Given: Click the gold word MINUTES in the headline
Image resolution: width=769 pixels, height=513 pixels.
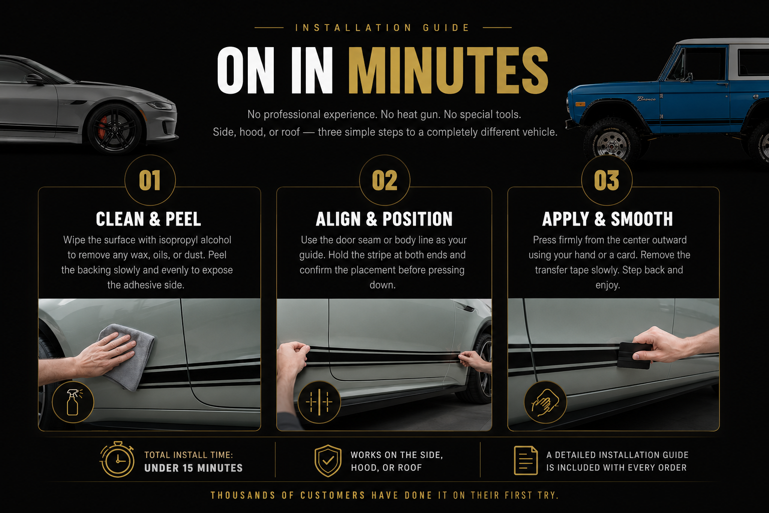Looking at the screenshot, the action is [448, 71].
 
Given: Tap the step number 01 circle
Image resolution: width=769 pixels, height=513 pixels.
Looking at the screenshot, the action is [150, 180].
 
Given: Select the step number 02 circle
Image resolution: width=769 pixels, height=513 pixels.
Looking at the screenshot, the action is [384, 180].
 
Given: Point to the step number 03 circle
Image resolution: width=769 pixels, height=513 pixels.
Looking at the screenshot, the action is [607, 180].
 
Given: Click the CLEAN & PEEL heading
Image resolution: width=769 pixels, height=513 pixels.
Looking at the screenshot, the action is [148, 219].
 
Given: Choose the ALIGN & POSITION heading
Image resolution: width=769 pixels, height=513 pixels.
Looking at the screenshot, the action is [384, 219].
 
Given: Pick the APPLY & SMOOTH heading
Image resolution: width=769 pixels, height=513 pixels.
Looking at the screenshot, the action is [607, 219].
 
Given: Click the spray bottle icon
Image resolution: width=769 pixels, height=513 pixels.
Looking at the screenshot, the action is [73, 402].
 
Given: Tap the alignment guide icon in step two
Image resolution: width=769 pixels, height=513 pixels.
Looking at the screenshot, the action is [319, 402].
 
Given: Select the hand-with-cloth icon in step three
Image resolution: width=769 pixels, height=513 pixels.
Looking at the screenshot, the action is [545, 402].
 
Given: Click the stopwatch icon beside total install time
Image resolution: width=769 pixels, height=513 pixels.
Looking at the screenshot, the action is [118, 459].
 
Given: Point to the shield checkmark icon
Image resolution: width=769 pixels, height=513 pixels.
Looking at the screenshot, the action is [328, 461].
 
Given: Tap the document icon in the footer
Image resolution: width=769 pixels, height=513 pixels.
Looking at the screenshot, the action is [526, 460].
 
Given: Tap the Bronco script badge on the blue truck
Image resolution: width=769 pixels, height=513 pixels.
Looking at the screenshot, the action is [646, 99].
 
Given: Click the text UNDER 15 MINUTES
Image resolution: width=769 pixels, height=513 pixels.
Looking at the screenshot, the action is [193, 468].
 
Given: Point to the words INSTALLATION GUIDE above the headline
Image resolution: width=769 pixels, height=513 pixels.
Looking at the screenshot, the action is [382, 28].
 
